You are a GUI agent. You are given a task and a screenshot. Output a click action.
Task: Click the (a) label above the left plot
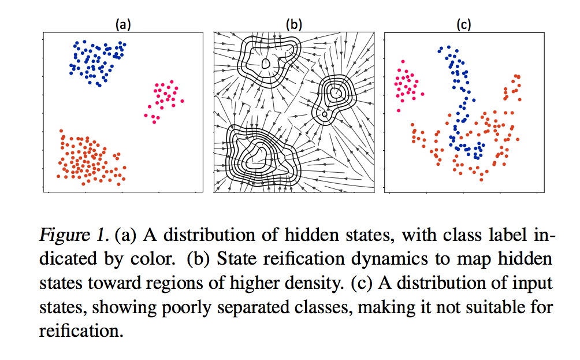coord(122,24)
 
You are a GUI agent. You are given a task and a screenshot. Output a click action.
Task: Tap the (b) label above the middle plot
coord(294,24)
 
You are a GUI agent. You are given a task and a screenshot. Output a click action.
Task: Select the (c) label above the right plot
coord(463,24)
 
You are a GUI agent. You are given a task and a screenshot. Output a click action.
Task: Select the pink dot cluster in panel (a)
coord(163,99)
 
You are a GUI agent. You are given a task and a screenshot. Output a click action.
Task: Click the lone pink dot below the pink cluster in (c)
coord(399,110)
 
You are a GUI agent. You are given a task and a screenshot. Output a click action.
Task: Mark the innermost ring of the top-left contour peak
coord(266,64)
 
